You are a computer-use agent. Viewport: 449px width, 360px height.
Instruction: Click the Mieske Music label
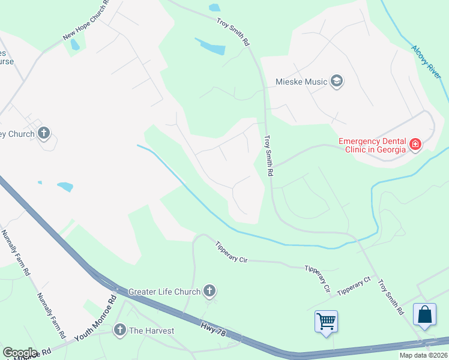pyautogui.click(x=301, y=81)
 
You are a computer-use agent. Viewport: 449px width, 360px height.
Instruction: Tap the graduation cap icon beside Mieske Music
pyautogui.click(x=337, y=81)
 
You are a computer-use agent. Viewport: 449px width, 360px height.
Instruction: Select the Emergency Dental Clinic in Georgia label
pyautogui.click(x=372, y=145)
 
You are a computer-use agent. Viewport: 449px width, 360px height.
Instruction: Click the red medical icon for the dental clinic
pyautogui.click(x=415, y=144)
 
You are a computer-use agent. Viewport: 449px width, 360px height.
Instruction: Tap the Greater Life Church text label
pyautogui.click(x=164, y=292)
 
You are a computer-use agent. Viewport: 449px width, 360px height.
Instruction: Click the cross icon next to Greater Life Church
pyautogui.click(x=209, y=292)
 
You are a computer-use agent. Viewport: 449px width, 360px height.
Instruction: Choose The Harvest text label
pyautogui.click(x=151, y=330)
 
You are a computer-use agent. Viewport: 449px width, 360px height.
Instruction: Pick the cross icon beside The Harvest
pyautogui.click(x=120, y=330)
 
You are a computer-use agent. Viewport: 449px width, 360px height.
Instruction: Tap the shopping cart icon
pyautogui.click(x=326, y=321)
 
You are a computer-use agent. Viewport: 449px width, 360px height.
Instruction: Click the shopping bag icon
pyautogui.click(x=424, y=316)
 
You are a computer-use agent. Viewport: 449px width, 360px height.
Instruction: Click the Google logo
pyautogui.click(x=20, y=353)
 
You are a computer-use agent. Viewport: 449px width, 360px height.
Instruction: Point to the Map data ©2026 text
pyautogui.click(x=423, y=355)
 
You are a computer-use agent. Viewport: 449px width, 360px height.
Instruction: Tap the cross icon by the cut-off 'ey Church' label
pyautogui.click(x=44, y=133)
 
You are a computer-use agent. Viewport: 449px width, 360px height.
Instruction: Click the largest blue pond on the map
pyautogui.click(x=210, y=46)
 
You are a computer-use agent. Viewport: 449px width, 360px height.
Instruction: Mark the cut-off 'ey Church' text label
pyautogui.click(x=17, y=134)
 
